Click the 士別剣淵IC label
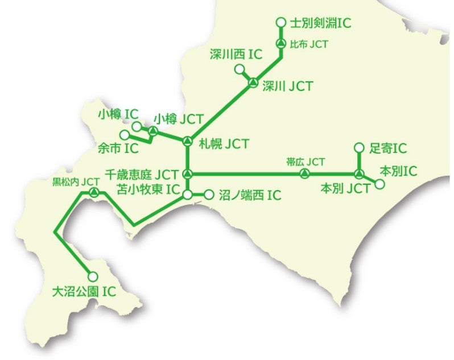pyautogui.click(x=320, y=23)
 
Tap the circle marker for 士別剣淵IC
pyautogui.click(x=280, y=23)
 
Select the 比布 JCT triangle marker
pyautogui.click(x=280, y=44)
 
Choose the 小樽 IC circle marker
pyautogui.click(x=136, y=126)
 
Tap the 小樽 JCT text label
pyautogui.click(x=180, y=119)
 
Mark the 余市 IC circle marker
pyautogui.click(x=125, y=135)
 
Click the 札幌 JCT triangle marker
pyautogui.click(x=188, y=140)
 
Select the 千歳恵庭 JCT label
pyautogui.click(x=143, y=173)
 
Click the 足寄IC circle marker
pyautogui.click(x=358, y=148)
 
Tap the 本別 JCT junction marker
pyautogui.click(x=358, y=173)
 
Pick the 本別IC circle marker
pyautogui.click(x=379, y=184)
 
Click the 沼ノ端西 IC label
pyautogui.click(x=250, y=196)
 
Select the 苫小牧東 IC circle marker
pyautogui.click(x=188, y=195)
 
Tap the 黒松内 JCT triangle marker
pyautogui.click(x=94, y=192)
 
